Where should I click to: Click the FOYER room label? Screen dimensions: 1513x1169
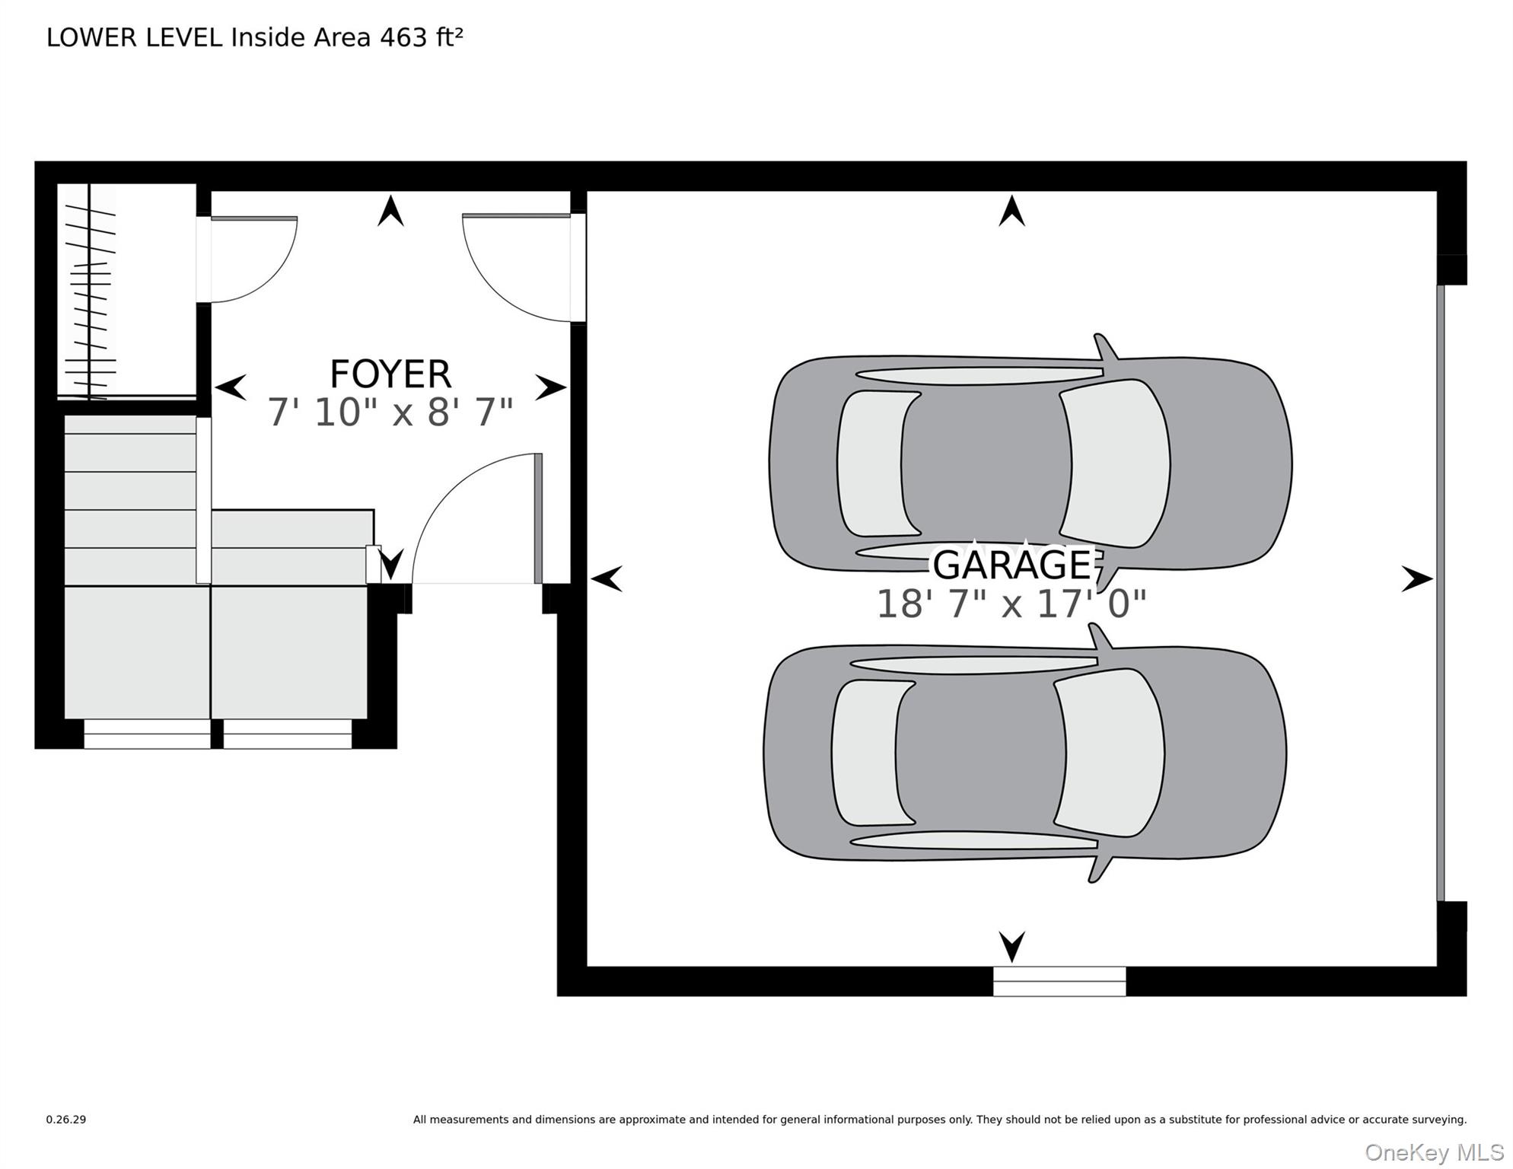click(x=390, y=374)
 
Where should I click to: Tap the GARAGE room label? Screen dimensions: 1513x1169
click(x=1012, y=564)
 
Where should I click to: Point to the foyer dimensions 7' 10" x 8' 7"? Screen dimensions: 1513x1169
click(x=390, y=412)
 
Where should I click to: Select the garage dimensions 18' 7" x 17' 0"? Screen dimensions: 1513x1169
click(x=1011, y=604)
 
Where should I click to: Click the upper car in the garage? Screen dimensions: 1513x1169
click(x=1030, y=462)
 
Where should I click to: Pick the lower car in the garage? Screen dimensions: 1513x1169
click(x=1025, y=752)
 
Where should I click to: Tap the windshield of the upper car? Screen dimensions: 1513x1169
click(x=1115, y=463)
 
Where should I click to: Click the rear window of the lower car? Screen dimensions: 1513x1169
click(x=874, y=752)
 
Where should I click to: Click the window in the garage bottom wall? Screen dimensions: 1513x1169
click(x=1059, y=981)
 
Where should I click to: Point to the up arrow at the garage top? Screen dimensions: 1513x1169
click(x=1011, y=211)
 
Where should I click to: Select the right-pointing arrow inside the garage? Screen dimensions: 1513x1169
click(x=1417, y=579)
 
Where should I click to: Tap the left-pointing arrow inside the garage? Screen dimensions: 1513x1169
click(x=607, y=579)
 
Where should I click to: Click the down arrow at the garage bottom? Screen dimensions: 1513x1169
click(x=1011, y=947)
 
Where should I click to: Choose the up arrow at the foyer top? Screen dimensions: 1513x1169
click(x=390, y=211)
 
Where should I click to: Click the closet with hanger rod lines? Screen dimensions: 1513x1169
click(x=126, y=291)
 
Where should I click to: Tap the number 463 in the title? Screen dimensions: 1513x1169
click(x=403, y=37)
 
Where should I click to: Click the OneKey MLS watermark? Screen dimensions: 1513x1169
click(x=1434, y=1153)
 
